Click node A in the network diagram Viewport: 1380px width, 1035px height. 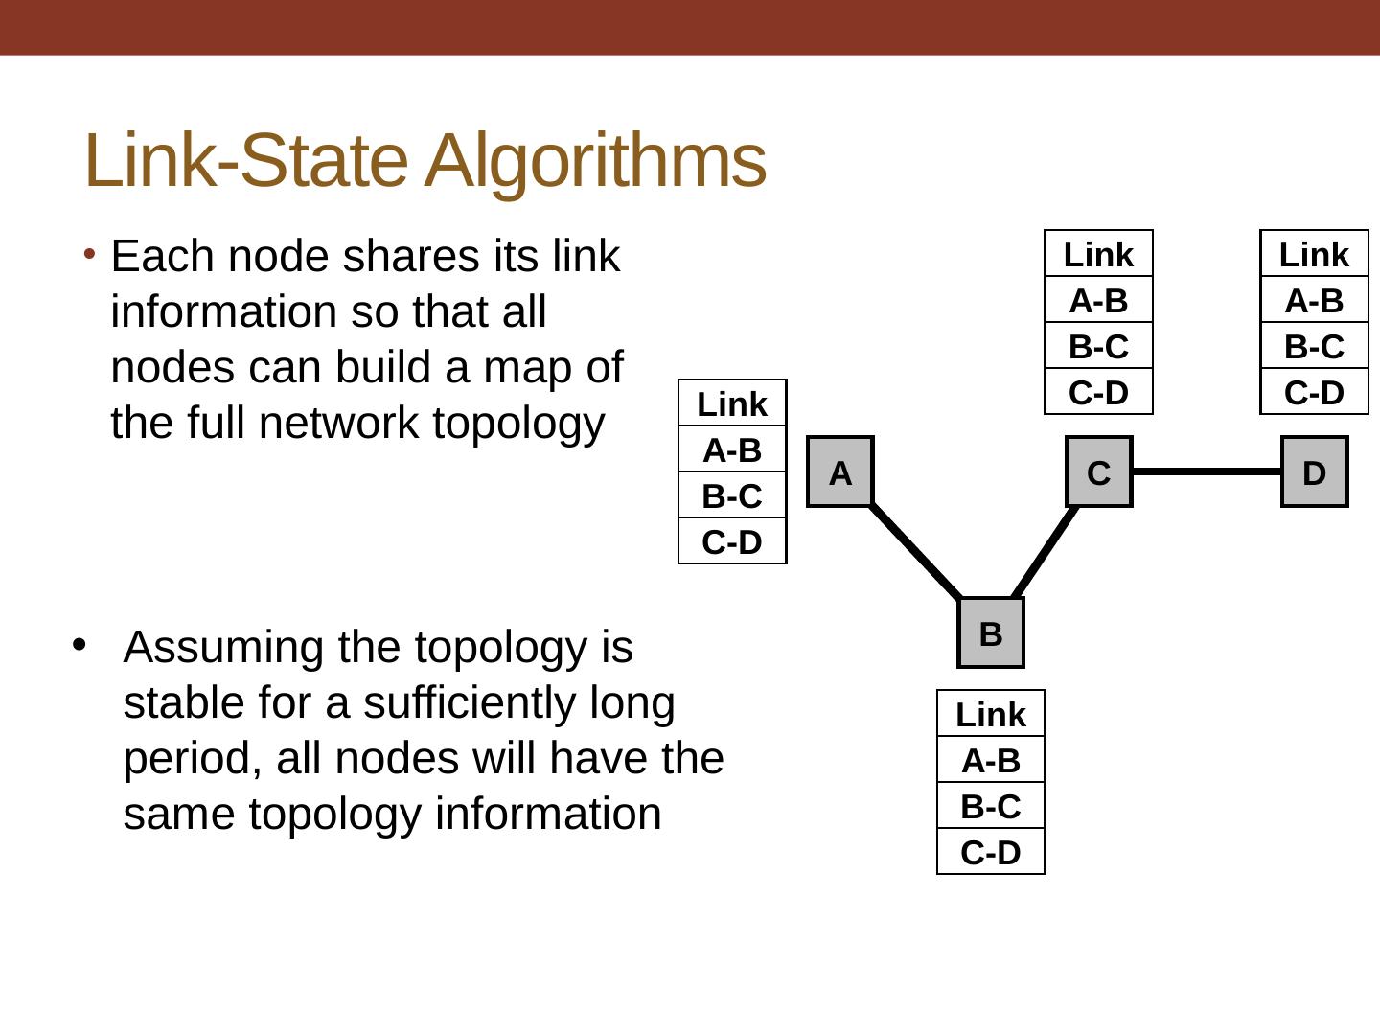pos(840,472)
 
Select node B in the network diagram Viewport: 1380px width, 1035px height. pos(991,633)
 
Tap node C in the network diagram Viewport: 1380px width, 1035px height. pos(1098,472)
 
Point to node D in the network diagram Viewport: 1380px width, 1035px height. pos(1314,472)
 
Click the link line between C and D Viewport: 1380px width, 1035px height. pos(1207,471)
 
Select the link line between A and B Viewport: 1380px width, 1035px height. pos(915,551)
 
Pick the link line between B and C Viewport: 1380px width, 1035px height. pos(1045,551)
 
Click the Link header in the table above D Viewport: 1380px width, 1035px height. pos(1314,255)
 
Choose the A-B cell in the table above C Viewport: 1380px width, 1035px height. pos(1098,301)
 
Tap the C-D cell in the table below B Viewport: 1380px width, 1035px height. pos(991,852)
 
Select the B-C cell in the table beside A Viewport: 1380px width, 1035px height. pos(732,496)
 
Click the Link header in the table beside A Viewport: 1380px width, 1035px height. pos(732,404)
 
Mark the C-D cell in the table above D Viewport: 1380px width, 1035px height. pos(1314,392)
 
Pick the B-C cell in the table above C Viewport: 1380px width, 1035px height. pos(1098,347)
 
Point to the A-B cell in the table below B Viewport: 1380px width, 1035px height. pos(991,761)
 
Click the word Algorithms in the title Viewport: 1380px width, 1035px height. pos(595,160)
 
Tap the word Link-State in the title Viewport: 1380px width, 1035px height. pos(245,160)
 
